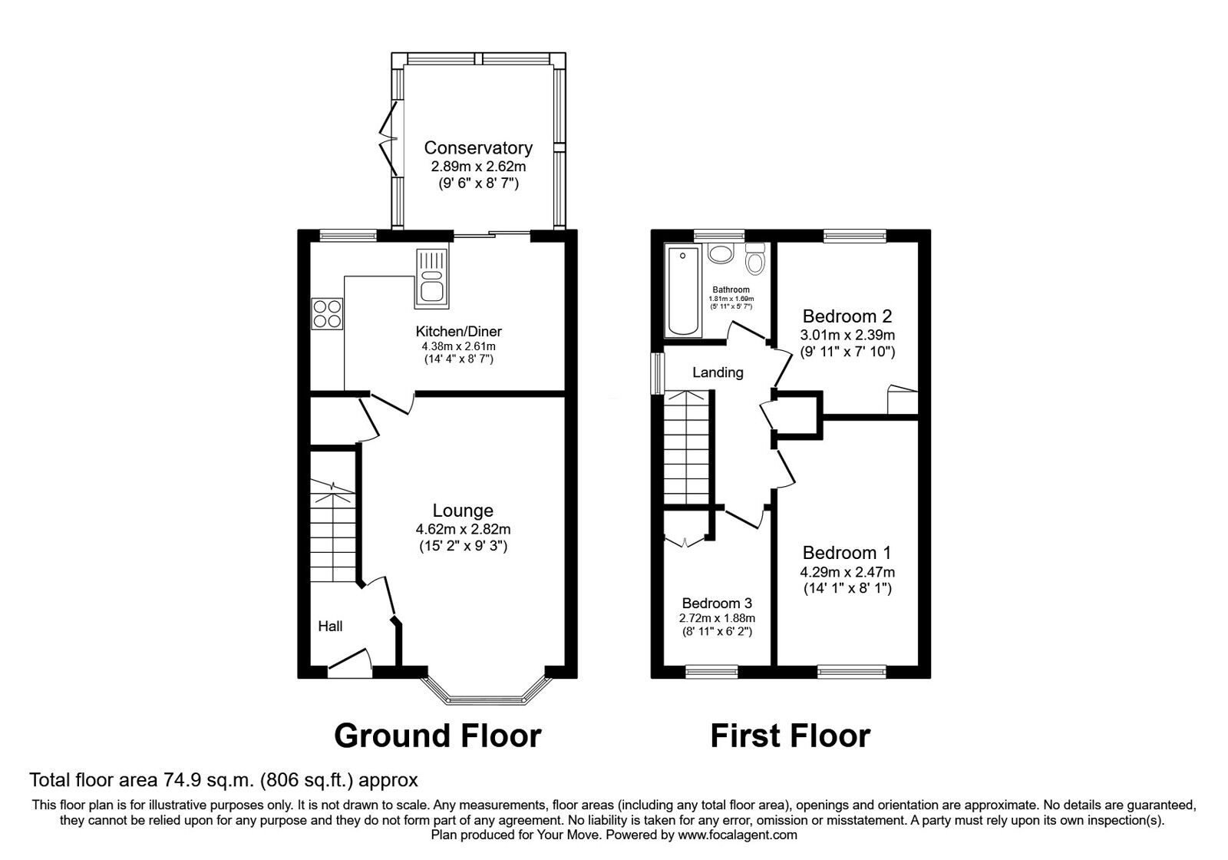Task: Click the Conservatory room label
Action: point(478,147)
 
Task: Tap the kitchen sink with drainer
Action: point(431,278)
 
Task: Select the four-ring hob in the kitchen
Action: point(327,314)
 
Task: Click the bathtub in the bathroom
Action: point(682,291)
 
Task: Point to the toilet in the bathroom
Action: point(755,258)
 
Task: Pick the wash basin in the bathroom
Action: point(721,254)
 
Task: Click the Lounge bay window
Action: point(487,692)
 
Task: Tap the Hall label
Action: point(330,627)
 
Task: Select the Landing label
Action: point(718,372)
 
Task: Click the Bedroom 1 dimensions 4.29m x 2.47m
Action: point(847,572)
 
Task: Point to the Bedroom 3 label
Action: point(717,604)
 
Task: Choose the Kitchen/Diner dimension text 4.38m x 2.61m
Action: point(458,346)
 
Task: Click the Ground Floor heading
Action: point(437,736)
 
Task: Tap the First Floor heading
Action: point(790,736)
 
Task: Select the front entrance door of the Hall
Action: point(350,662)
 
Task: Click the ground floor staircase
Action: point(333,531)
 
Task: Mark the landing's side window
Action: point(657,373)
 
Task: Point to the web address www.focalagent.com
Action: point(738,835)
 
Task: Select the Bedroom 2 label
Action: point(847,316)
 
